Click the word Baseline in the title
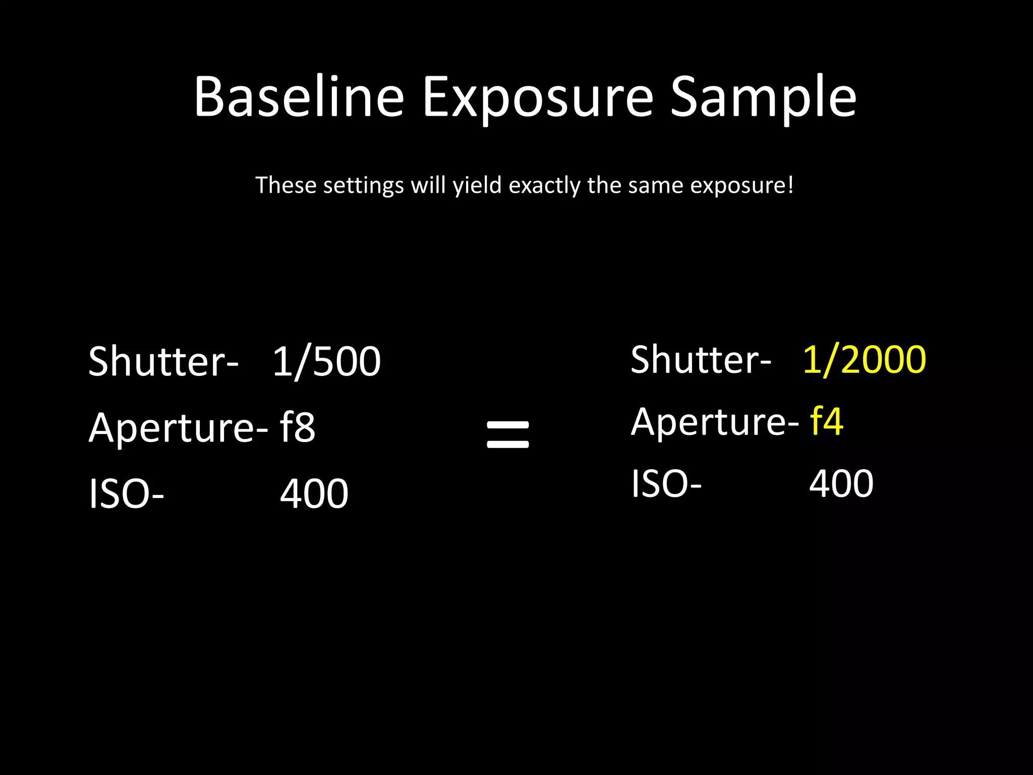[299, 97]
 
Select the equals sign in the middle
[508, 434]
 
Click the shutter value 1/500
[327, 361]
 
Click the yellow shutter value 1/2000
[864, 360]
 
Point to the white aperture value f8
[298, 427]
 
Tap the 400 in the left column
[314, 494]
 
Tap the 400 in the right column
[841, 483]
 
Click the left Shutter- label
[163, 361]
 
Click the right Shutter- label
[700, 360]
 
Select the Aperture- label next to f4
[714, 422]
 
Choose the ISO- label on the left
[126, 494]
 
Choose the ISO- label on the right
[666, 483]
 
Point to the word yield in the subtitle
[477, 186]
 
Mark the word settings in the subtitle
[363, 186]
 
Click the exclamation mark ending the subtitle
[790, 185]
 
